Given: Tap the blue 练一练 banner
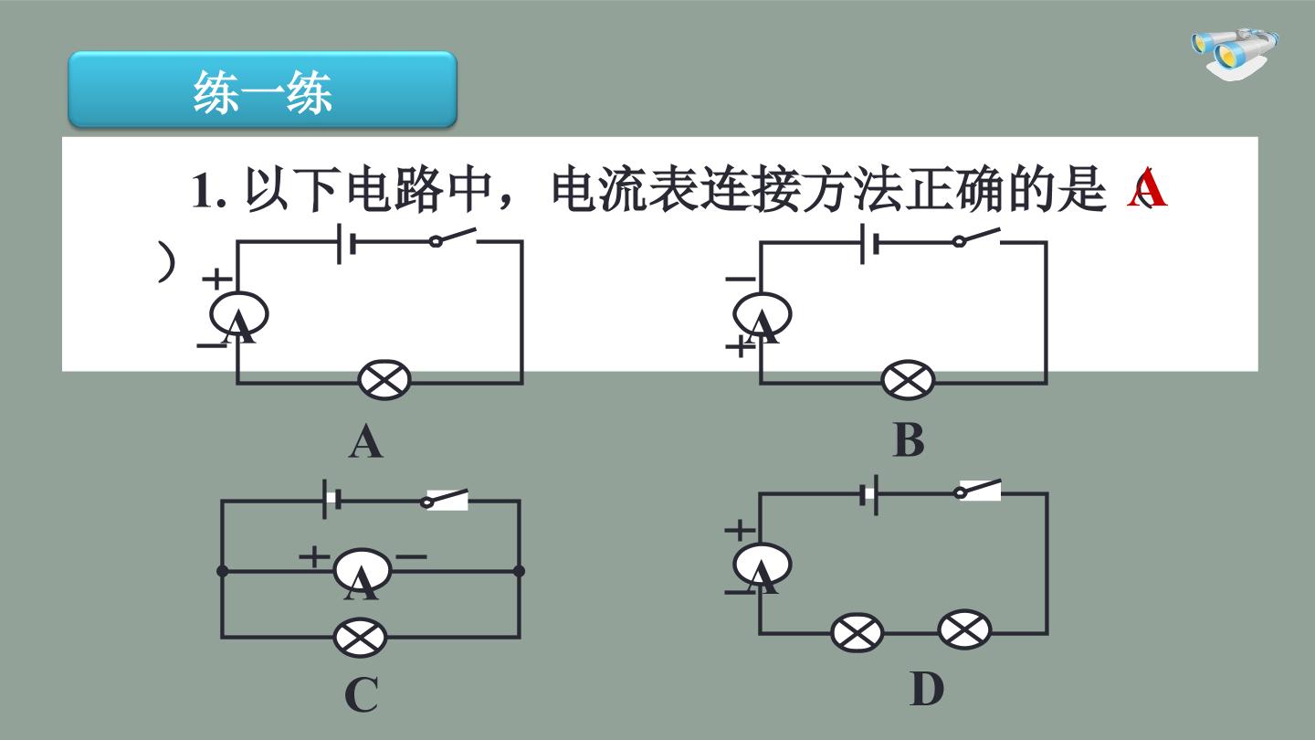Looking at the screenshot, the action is pos(262,90).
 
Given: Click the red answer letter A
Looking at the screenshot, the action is pos(1147,188).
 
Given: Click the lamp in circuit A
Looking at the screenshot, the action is pos(384,380).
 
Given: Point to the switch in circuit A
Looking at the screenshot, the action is pos(453,238).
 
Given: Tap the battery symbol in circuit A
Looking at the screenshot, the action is pos(346,243).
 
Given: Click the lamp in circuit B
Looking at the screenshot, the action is pos(908,380).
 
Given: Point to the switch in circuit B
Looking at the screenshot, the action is pos(976,238).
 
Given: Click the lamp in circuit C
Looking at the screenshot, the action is pos(360,638).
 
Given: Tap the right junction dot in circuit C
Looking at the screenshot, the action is pos(519,571).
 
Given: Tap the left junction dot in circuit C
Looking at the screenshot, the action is pos(223,571).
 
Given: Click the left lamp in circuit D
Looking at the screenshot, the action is pos(857,633).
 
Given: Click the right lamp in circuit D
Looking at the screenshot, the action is pos(964,629).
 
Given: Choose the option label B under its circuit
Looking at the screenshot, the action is pos(909,440).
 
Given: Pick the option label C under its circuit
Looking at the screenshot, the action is pos(361,694).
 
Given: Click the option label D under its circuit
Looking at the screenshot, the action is pos(927,689).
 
